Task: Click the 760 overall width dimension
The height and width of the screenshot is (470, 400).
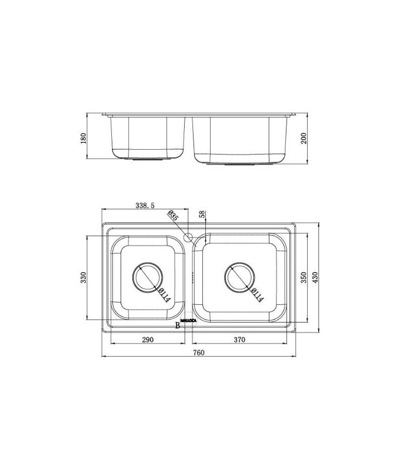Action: tap(199, 352)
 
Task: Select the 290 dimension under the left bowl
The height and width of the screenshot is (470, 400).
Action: tap(148, 340)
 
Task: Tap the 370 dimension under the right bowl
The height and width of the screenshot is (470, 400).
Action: tap(239, 340)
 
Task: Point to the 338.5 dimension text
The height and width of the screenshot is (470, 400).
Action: tap(145, 205)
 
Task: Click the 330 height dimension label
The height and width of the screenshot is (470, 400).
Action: tap(83, 277)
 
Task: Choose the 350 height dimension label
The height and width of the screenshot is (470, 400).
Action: tap(304, 277)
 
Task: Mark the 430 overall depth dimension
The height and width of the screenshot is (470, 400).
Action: tap(315, 277)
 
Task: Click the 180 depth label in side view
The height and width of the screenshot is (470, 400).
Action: tap(83, 138)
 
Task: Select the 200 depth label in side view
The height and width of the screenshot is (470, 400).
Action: tap(304, 138)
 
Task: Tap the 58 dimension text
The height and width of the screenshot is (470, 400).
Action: tap(202, 214)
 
